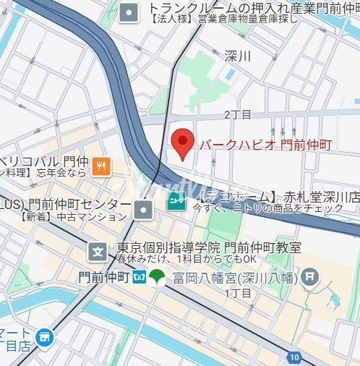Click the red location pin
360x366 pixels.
(x=184, y=142)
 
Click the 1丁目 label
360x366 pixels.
(x=237, y=293)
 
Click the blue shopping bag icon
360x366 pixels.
(x=46, y=336)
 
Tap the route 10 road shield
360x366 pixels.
(x=293, y=357)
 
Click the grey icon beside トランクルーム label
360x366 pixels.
(x=129, y=12)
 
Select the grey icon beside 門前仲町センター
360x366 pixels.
(x=144, y=210)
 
